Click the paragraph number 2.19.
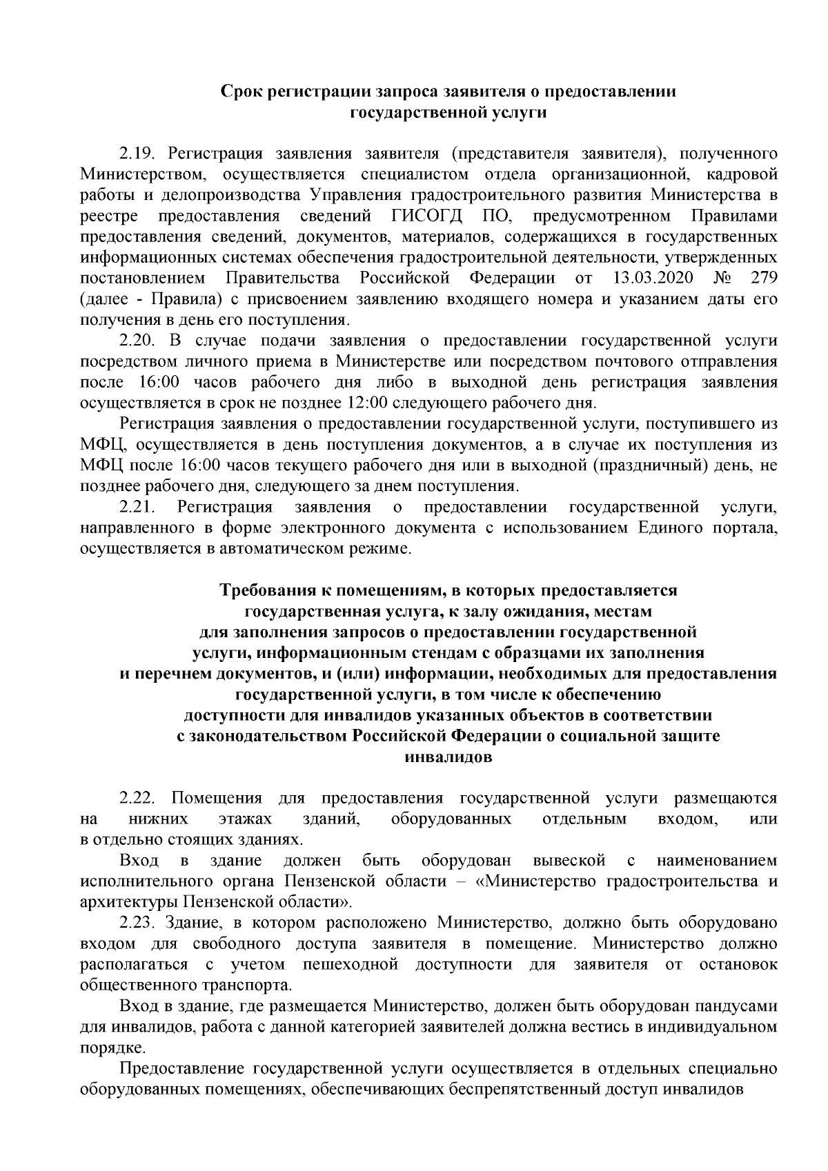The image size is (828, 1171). [x=139, y=154]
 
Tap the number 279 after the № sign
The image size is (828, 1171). [x=765, y=279]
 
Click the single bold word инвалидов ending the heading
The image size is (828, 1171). [x=448, y=757]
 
